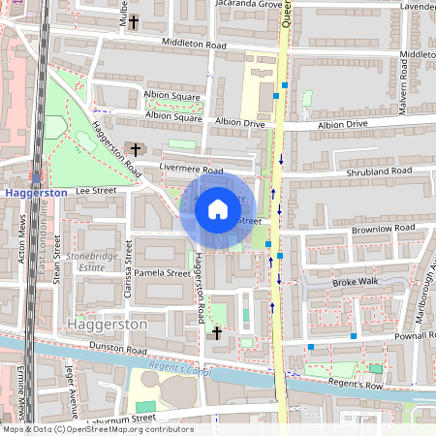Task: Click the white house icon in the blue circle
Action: coord(218,208)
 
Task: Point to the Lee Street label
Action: coord(96,192)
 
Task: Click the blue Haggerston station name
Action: coord(35,193)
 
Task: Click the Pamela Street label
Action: coord(163,274)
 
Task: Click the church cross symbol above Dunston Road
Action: coord(217,333)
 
